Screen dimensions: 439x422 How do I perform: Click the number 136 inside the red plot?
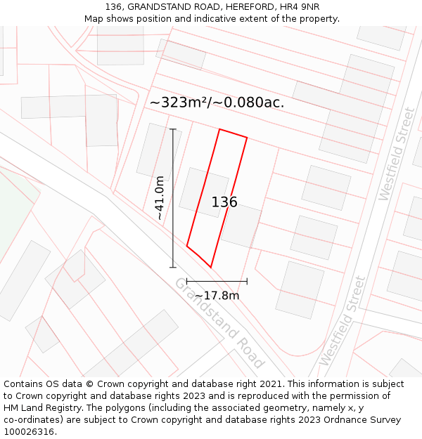pyautogui.click(x=224, y=202)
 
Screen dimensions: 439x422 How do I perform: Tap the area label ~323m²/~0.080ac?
pyautogui.click(x=217, y=103)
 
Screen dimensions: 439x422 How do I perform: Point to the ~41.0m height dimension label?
pyautogui.click(x=160, y=198)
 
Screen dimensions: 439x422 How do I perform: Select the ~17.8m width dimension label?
pyautogui.click(x=217, y=296)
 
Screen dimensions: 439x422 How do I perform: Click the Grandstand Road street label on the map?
pyautogui.click(x=219, y=322)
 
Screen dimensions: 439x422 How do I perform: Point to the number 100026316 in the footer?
pyautogui.click(x=29, y=432)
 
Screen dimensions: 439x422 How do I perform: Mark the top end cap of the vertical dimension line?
pyautogui.click(x=173, y=129)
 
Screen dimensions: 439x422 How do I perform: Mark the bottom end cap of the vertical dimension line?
pyautogui.click(x=173, y=267)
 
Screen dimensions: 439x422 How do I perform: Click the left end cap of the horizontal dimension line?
pyautogui.click(x=187, y=282)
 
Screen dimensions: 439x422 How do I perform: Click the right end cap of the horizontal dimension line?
pyautogui.click(x=247, y=282)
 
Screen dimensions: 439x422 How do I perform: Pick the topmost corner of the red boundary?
pyautogui.click(x=220, y=129)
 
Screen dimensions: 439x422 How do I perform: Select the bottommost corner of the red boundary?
pyautogui.click(x=211, y=267)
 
